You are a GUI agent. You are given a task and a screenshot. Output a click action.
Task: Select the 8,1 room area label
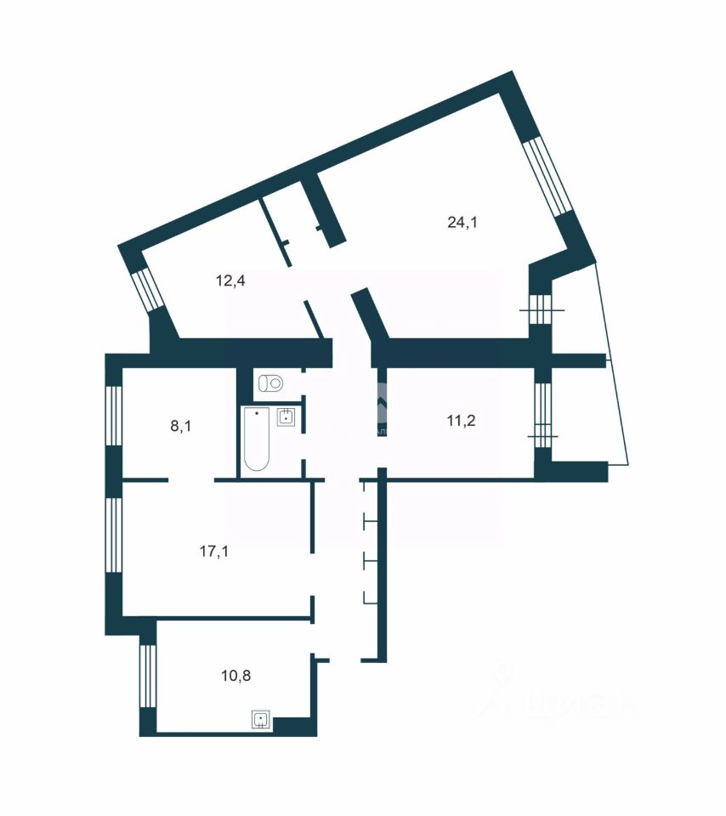tap(180, 426)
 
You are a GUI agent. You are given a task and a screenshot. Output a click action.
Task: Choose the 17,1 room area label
tap(213, 551)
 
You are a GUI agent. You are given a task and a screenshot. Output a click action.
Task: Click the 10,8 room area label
tap(235, 677)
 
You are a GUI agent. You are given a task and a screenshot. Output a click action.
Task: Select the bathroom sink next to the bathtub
tap(287, 416)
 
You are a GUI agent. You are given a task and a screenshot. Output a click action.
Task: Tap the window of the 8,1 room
tap(113, 416)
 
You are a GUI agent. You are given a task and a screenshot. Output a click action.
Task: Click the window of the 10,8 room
tap(147, 676)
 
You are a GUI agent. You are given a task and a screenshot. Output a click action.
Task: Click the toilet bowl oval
tap(275, 383)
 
